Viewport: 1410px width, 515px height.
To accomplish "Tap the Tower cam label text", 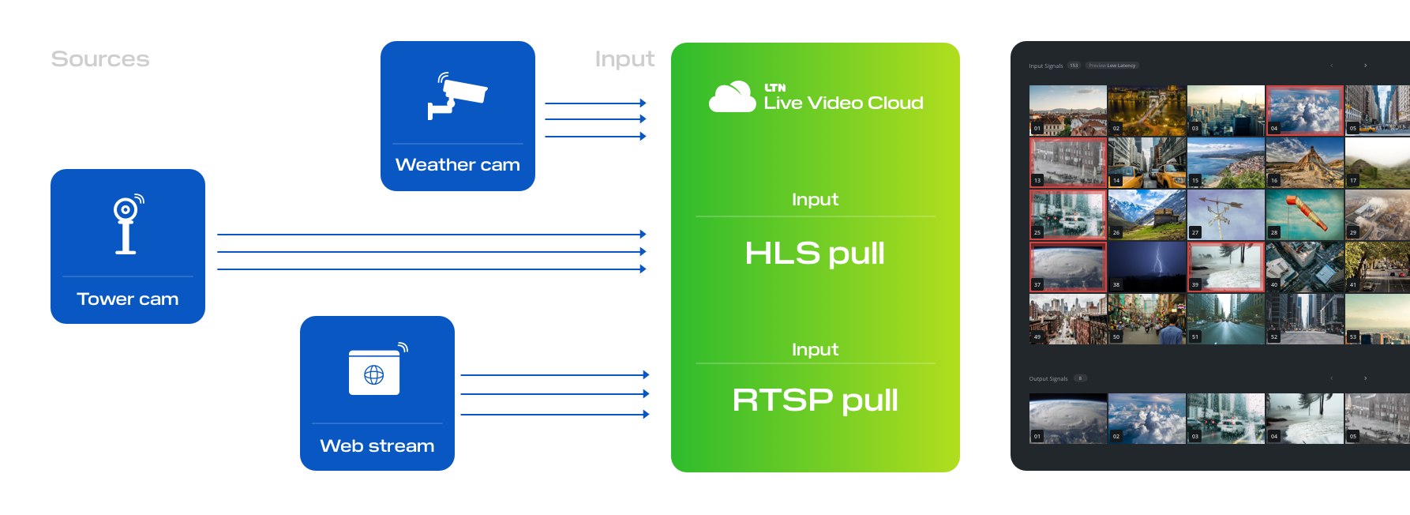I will pos(127,299).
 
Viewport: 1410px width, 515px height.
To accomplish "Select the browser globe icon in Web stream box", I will pos(374,374).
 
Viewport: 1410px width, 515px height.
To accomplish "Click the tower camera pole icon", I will pos(127,225).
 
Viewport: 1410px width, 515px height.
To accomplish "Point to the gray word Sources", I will pos(100,59).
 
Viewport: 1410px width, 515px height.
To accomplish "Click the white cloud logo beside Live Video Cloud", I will pos(732,98).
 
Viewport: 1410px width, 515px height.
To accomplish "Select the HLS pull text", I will pos(814,254).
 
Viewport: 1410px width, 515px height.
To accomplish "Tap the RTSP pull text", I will pos(814,400).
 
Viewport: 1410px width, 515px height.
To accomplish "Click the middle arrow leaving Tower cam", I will pos(431,252).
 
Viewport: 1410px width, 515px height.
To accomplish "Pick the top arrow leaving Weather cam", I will pos(595,103).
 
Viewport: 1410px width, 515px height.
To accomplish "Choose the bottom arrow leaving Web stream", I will pos(554,414).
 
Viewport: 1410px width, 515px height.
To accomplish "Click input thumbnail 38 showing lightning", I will pos(1146,267).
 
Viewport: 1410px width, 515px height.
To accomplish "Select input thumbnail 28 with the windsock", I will pos(1304,215).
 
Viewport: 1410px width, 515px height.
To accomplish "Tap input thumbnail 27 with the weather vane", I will pos(1225,215).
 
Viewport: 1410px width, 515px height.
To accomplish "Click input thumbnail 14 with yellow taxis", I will pos(1146,163).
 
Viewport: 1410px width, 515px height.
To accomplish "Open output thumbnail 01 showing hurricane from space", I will pos(1068,419).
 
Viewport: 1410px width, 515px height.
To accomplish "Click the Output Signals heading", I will pos(1048,379).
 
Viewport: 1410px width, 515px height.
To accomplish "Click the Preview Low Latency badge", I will pos(1112,66).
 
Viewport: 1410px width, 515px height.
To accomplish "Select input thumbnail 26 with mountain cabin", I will pos(1146,215).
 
